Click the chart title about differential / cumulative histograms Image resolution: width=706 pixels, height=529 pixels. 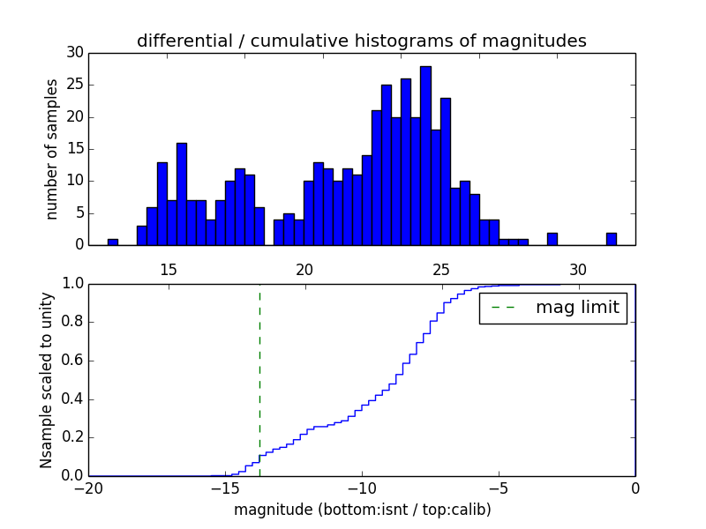(361, 41)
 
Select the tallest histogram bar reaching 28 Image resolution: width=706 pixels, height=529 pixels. (425, 155)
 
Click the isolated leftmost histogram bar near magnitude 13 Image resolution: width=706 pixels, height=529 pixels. (112, 242)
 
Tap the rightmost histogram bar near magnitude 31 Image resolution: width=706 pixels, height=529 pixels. (611, 239)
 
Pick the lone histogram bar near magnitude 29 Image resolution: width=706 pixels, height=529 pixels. (552, 239)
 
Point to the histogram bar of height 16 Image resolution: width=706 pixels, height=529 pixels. (182, 194)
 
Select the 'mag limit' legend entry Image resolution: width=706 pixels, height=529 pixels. (553, 308)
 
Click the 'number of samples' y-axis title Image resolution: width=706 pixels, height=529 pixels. (52, 149)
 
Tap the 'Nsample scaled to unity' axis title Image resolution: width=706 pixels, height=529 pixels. (46, 380)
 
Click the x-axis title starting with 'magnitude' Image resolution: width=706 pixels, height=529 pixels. (362, 510)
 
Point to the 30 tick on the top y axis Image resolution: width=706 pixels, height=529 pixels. (75, 53)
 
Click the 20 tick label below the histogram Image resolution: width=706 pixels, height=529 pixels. (304, 269)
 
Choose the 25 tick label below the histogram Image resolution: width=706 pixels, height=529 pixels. (441, 269)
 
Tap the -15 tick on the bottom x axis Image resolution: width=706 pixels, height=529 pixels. (225, 488)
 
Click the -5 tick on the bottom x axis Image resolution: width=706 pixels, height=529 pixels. (499, 488)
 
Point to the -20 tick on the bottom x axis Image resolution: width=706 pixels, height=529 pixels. (88, 488)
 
